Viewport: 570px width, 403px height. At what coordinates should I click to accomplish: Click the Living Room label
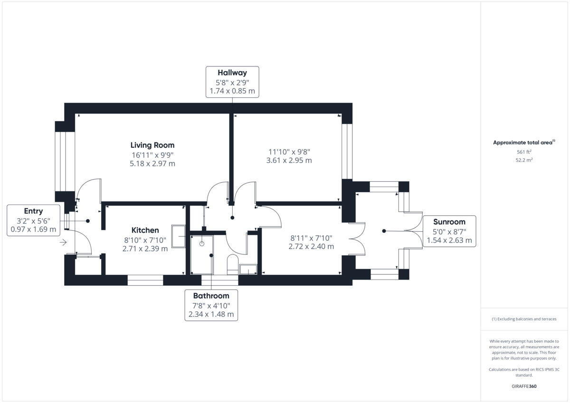[x=152, y=145]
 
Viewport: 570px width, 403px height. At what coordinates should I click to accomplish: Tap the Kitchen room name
[x=145, y=230]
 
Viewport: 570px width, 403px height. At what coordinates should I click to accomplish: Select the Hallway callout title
[x=232, y=73]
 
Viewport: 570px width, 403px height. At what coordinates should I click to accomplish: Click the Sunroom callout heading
[x=449, y=222]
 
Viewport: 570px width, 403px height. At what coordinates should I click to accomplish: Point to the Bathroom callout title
[x=211, y=296]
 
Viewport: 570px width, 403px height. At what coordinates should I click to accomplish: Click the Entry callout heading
[x=33, y=211]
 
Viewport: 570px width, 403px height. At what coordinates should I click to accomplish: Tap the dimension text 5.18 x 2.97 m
[x=152, y=164]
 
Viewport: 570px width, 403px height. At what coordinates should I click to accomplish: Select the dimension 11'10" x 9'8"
[x=289, y=151]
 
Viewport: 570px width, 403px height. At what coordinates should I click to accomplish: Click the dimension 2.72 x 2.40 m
[x=311, y=247]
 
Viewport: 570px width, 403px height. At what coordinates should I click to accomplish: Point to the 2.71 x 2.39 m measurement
[x=145, y=249]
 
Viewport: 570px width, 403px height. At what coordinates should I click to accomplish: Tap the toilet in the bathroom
[x=232, y=264]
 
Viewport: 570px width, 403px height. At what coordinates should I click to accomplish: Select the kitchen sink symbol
[x=179, y=236]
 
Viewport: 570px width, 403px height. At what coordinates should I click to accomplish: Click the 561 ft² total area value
[x=524, y=152]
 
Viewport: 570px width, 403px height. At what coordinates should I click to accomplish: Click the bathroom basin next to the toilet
[x=248, y=270]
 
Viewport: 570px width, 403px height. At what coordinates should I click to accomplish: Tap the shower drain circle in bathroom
[x=201, y=244]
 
